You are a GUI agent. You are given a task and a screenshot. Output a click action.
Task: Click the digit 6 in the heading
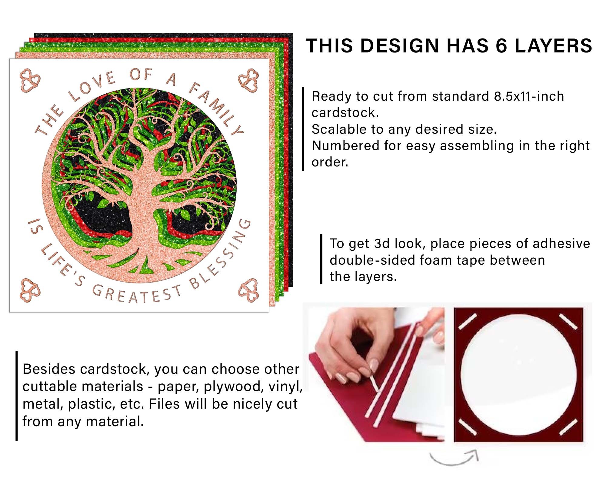point(501,46)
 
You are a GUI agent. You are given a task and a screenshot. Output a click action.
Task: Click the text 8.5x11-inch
point(529,96)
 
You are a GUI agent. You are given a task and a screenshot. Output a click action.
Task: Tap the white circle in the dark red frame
point(518,374)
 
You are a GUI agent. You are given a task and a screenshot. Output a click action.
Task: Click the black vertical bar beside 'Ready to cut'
point(303,129)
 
